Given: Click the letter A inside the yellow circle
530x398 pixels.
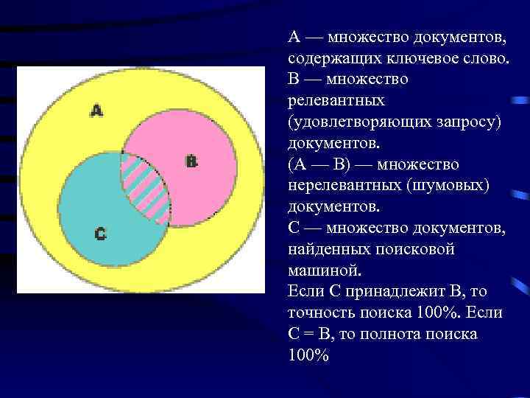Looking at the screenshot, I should click(x=97, y=111).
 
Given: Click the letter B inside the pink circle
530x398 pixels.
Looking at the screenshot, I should click(x=191, y=161).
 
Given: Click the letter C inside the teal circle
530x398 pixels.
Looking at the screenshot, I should click(x=101, y=234).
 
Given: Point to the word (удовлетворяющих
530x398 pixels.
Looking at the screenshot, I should click(x=356, y=119).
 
